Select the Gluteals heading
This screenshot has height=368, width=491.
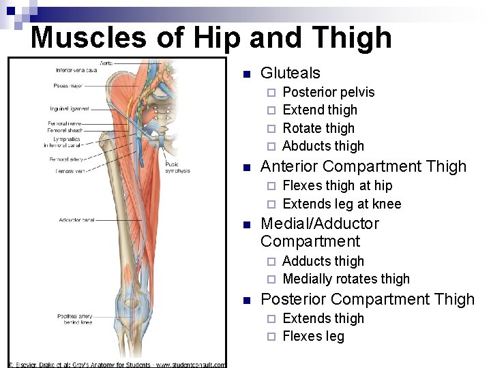(290, 73)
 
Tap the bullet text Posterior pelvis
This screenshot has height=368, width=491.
(328, 92)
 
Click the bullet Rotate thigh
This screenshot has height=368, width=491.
(318, 128)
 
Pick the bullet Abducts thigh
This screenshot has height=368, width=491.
(323, 146)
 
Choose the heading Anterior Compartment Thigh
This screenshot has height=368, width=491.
(363, 166)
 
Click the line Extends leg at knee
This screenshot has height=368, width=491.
(341, 204)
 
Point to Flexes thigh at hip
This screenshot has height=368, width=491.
(337, 185)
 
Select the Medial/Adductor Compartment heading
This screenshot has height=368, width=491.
(320, 232)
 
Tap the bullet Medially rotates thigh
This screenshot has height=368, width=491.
(346, 279)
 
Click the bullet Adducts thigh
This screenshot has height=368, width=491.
(323, 261)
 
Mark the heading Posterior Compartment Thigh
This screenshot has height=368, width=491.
(368, 299)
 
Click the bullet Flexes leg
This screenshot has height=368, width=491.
(313, 336)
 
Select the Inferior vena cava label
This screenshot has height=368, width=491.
(75, 70)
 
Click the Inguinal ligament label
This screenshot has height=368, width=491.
(69, 109)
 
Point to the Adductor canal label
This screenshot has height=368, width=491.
(76, 220)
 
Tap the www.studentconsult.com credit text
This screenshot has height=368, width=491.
(190, 365)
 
